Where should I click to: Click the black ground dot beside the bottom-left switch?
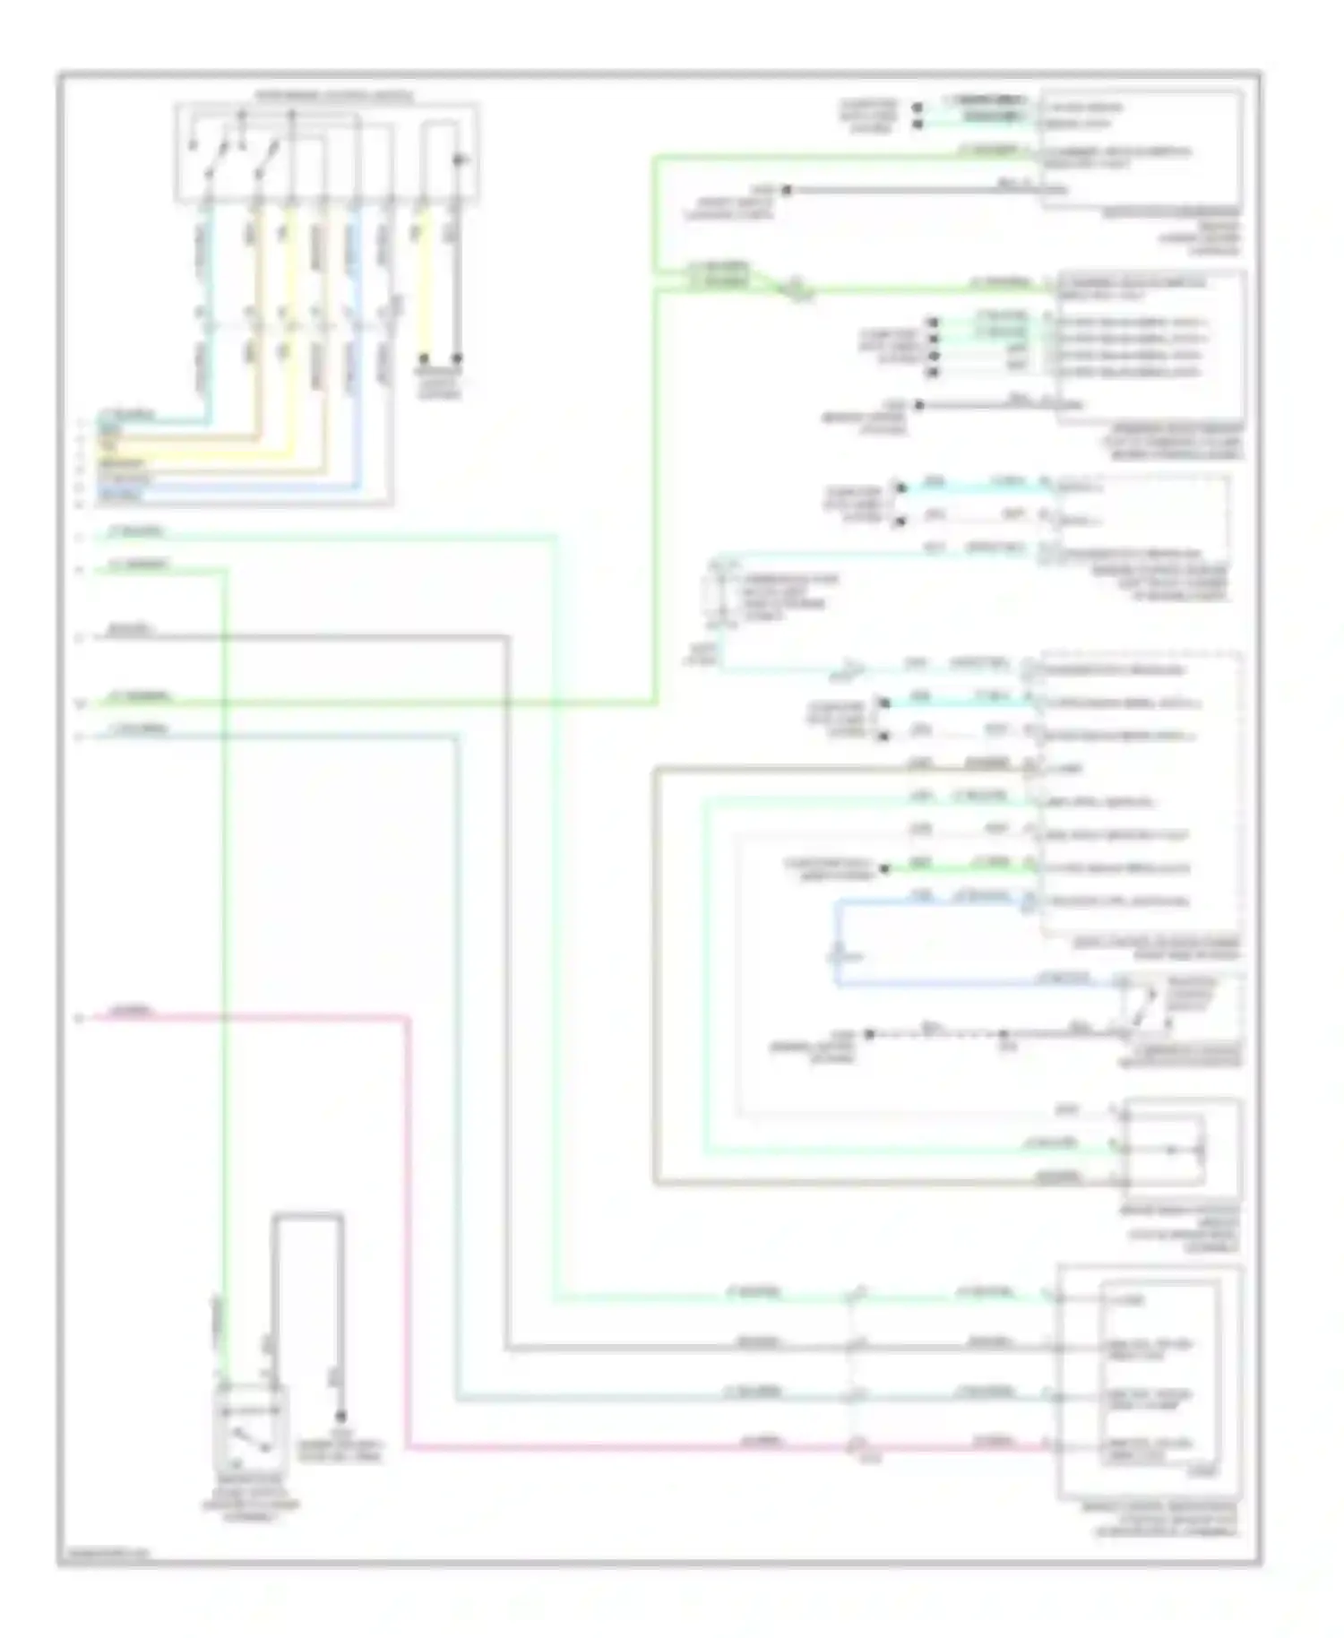tap(340, 1418)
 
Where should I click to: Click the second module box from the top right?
tap(1150, 346)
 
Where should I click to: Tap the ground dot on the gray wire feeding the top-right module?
tap(787, 190)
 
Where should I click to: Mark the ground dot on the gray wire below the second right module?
tap(918, 405)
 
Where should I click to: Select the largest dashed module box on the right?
tap(1140, 793)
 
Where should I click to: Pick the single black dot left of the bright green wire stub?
tap(884, 868)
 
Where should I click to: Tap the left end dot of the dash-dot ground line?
tap(868, 1034)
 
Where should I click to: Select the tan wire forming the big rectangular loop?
tap(656, 986)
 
